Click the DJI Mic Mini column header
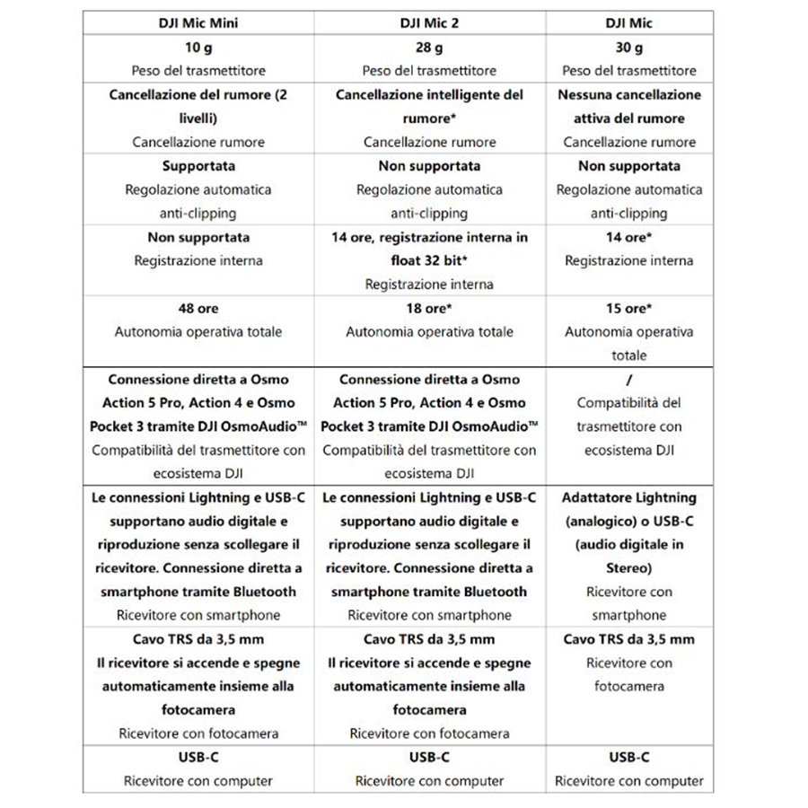click(x=198, y=23)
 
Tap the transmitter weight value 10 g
click(x=198, y=48)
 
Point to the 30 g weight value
click(x=628, y=48)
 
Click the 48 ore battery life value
click(x=198, y=308)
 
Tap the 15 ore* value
click(x=628, y=308)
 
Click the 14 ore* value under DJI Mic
click(x=628, y=237)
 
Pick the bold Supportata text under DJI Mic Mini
click(x=198, y=166)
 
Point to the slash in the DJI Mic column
click(x=628, y=380)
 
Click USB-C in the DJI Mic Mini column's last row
click(x=198, y=758)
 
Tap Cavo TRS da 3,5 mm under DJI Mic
click(x=628, y=639)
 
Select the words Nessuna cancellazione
click(x=628, y=94)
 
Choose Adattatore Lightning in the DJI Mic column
click(x=628, y=497)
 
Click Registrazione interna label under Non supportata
click(x=198, y=261)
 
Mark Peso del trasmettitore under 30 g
click(x=628, y=71)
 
